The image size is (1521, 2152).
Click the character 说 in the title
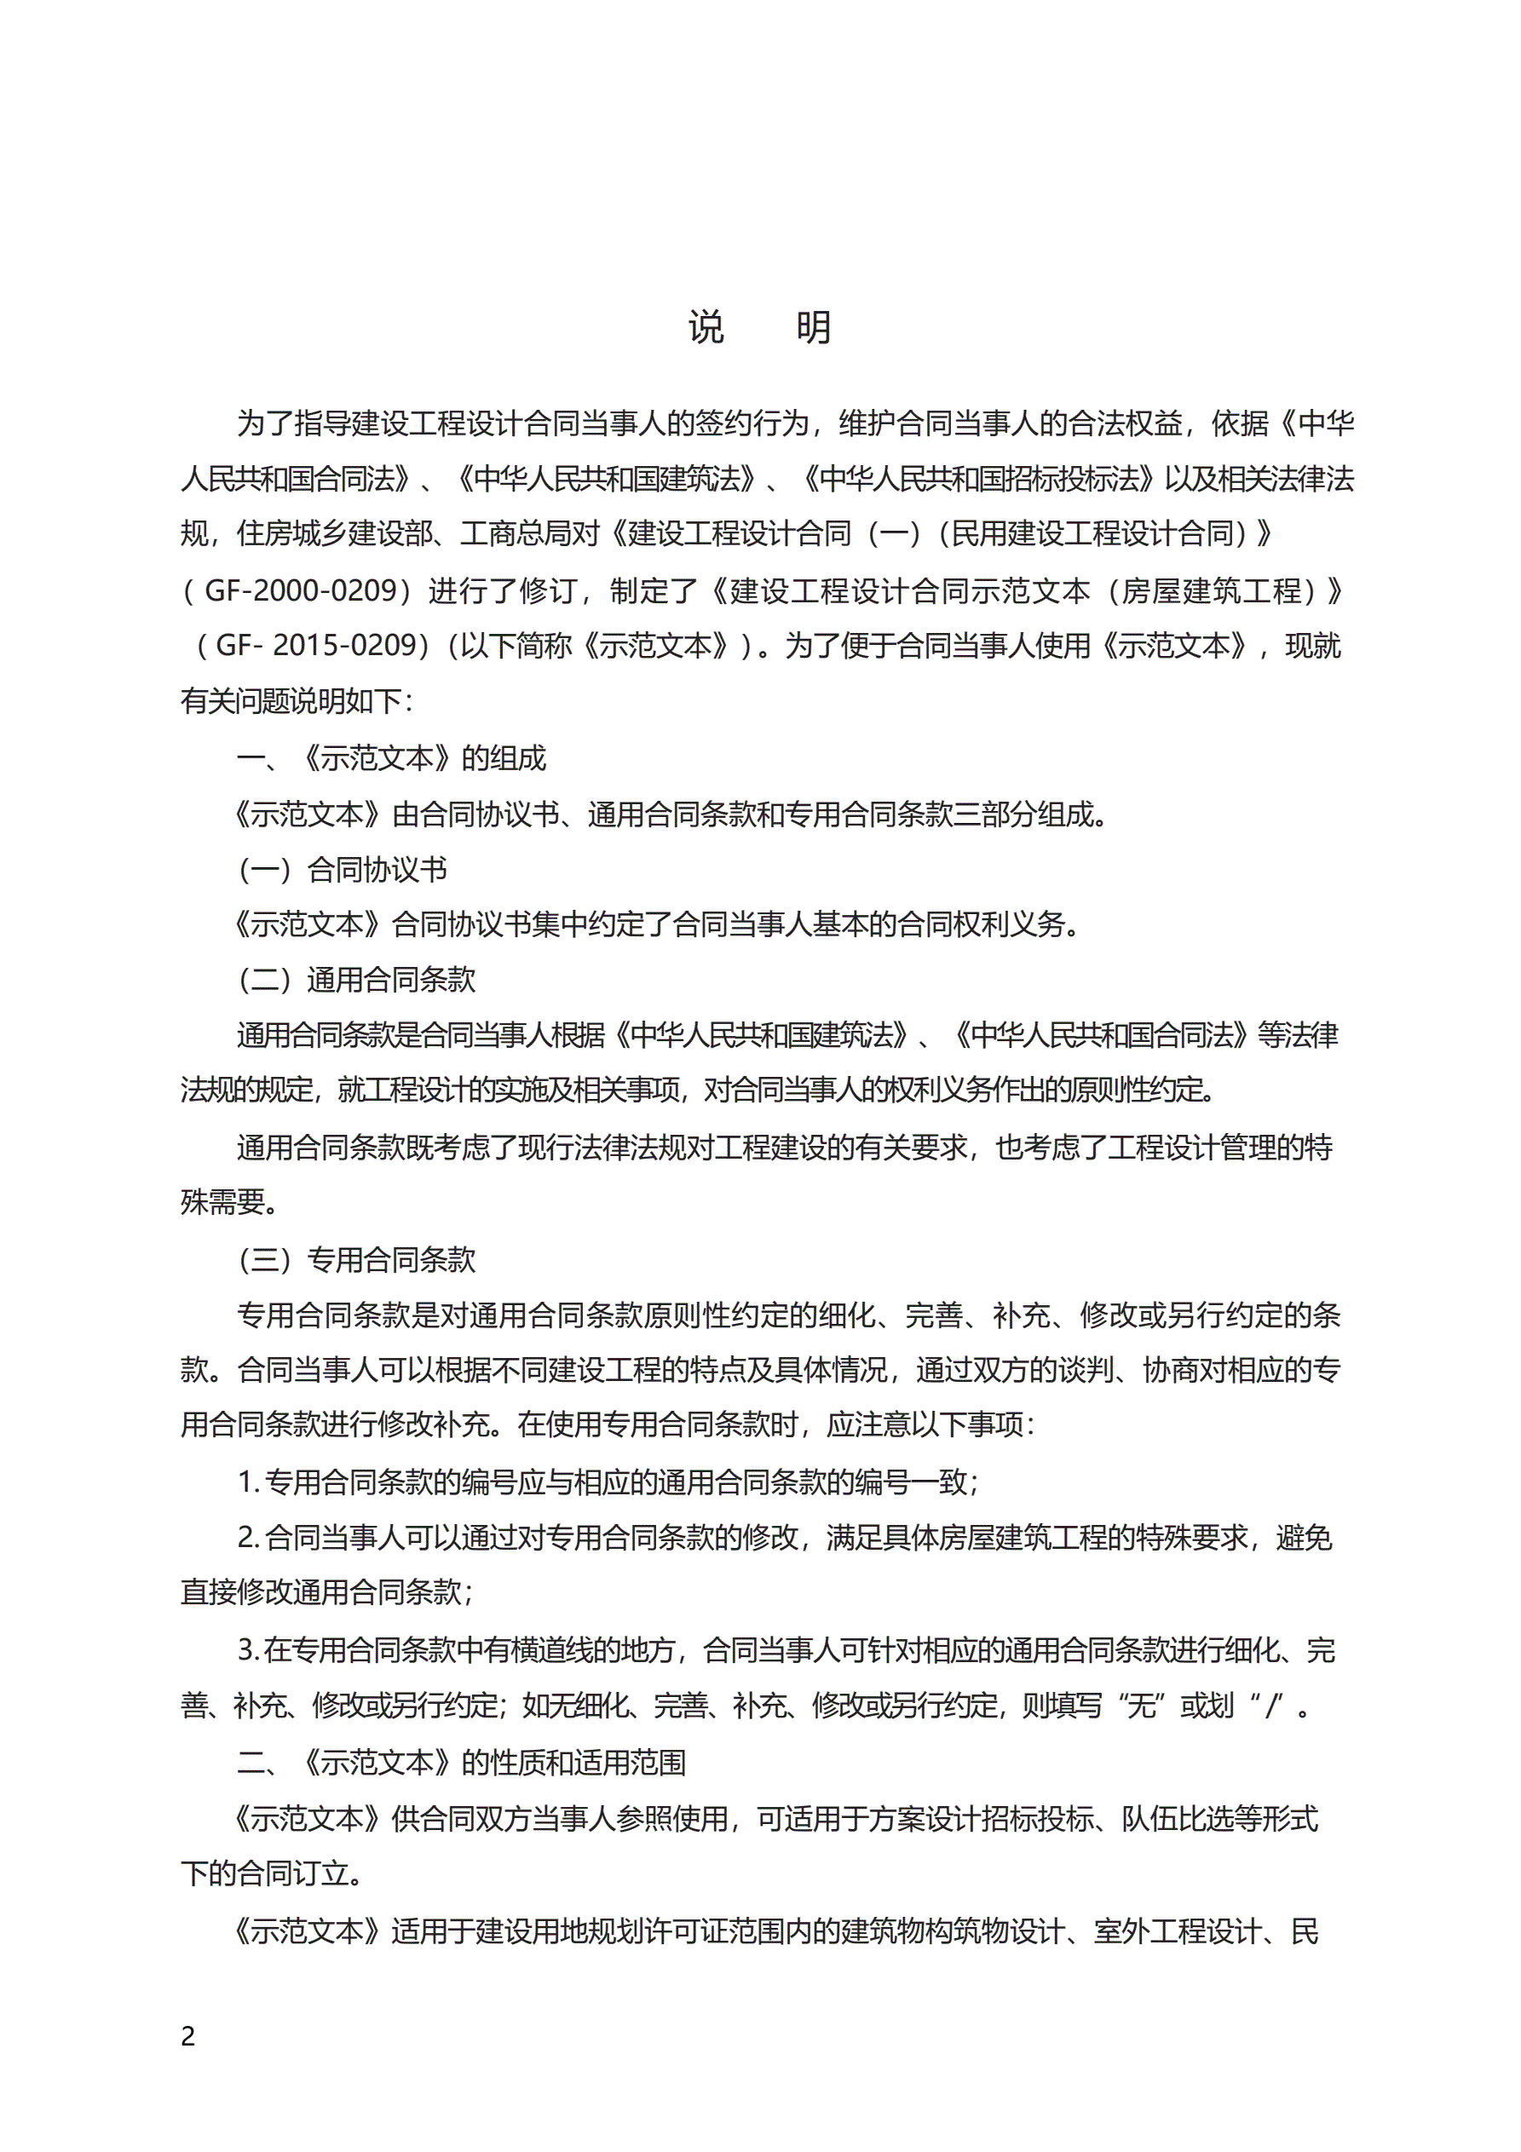pos(706,328)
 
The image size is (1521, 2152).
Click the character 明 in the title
pos(813,328)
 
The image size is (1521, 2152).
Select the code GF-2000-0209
pos(300,590)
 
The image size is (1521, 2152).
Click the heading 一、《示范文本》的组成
pos(391,757)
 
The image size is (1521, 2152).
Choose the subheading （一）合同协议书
pos(343,869)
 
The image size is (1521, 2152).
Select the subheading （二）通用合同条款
pos(356,980)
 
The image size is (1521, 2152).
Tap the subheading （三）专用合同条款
pos(356,1259)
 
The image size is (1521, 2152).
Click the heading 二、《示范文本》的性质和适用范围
pos(460,1762)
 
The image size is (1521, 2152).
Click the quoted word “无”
pos(1140,1706)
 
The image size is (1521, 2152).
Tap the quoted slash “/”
pos(1272,1706)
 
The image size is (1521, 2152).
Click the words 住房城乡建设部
pos(335,534)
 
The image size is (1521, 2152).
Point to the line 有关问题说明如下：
pos(297,701)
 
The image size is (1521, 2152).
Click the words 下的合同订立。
pos(272,1873)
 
